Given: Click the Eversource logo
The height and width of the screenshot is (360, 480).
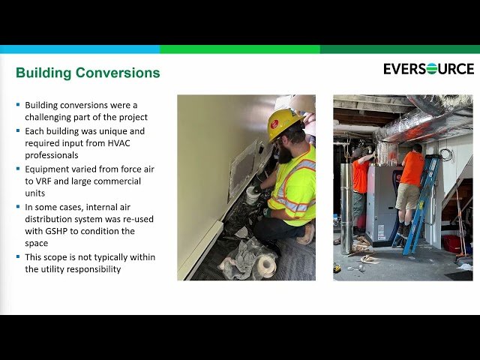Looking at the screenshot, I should pyautogui.click(x=428, y=69).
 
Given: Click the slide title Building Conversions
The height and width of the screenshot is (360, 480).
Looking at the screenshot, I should pyautogui.click(x=88, y=73).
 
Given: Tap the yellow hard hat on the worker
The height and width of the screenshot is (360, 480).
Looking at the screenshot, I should pyautogui.click(x=283, y=122).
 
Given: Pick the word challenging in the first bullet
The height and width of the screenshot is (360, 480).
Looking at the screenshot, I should pyautogui.click(x=54, y=117).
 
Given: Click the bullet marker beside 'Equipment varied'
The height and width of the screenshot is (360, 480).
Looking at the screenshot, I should pyautogui.click(x=19, y=168).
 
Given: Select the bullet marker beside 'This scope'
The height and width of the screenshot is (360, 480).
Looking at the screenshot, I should pyautogui.click(x=19, y=256).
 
